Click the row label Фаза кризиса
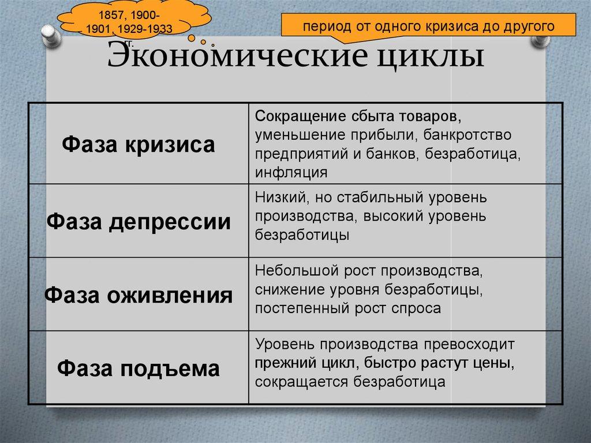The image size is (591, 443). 139,144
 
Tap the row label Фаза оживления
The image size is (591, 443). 139,295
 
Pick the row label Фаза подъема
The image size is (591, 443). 139,368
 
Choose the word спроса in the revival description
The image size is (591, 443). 420,308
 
